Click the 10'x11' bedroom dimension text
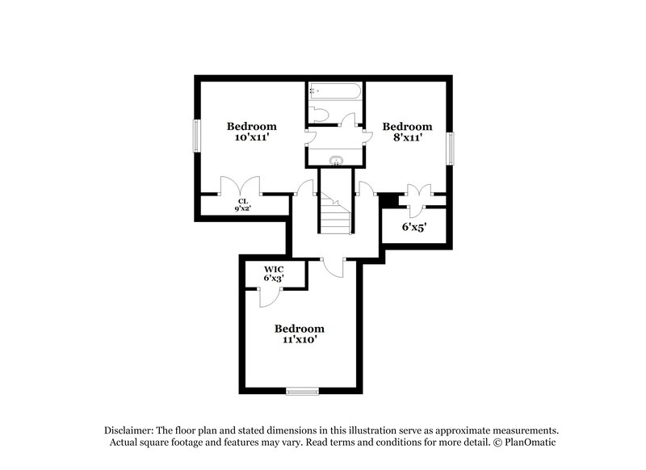point(251,138)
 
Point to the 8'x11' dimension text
point(407,138)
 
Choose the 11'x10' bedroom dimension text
point(299,340)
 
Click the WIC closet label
point(274,269)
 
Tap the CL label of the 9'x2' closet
point(242,202)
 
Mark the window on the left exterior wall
point(195,135)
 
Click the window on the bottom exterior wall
point(302,392)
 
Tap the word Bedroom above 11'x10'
point(299,329)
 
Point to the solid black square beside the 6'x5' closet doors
point(388,198)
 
